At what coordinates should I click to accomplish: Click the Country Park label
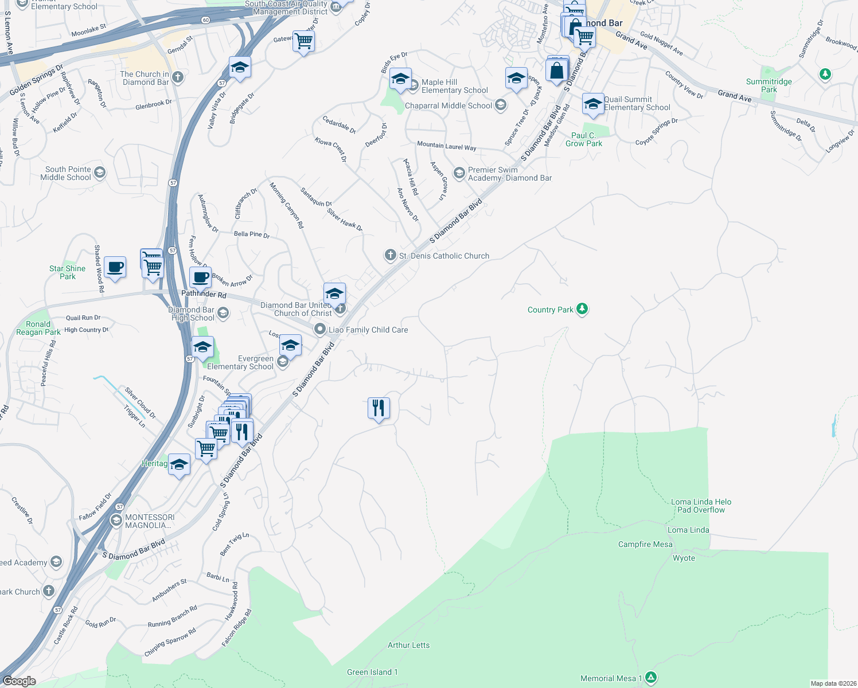coord(550,310)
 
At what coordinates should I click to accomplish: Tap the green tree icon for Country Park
coord(582,309)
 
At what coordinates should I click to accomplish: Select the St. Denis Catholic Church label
coord(444,256)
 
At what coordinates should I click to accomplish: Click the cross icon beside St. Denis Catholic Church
coord(391,255)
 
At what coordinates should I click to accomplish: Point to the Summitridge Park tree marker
coord(825,74)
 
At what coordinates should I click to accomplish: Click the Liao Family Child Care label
coord(368,330)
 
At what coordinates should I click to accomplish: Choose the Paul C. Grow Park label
coord(584,139)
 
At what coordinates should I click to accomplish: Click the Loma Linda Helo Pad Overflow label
coord(701,506)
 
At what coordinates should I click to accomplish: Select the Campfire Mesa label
coord(645,544)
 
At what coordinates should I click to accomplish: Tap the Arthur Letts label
coord(408,645)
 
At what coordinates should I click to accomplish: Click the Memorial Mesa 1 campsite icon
coord(651,678)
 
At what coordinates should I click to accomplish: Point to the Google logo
coord(19,681)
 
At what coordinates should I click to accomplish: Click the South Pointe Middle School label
coord(68,173)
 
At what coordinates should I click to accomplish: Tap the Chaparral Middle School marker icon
coord(501,105)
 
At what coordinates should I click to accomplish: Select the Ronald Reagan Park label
coord(38,328)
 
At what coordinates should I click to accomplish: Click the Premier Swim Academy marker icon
coord(459,173)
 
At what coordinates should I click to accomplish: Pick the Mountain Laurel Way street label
coord(446,146)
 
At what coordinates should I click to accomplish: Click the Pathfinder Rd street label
coord(204,294)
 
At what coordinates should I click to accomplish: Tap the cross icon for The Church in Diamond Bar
coord(178,77)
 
